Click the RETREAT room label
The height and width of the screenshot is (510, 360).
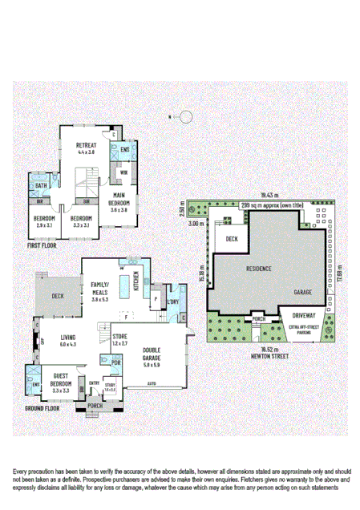pyautogui.click(x=87, y=144)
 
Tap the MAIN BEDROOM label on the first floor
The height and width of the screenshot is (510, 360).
pyautogui.click(x=118, y=200)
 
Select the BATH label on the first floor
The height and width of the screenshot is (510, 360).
pyautogui.click(x=40, y=188)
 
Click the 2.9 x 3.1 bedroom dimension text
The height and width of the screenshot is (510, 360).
pyautogui.click(x=44, y=225)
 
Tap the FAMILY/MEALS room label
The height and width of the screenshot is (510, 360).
pyautogui.click(x=100, y=289)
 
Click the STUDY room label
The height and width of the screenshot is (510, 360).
pyautogui.click(x=110, y=386)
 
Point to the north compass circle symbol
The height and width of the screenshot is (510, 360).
pyautogui.click(x=186, y=117)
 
